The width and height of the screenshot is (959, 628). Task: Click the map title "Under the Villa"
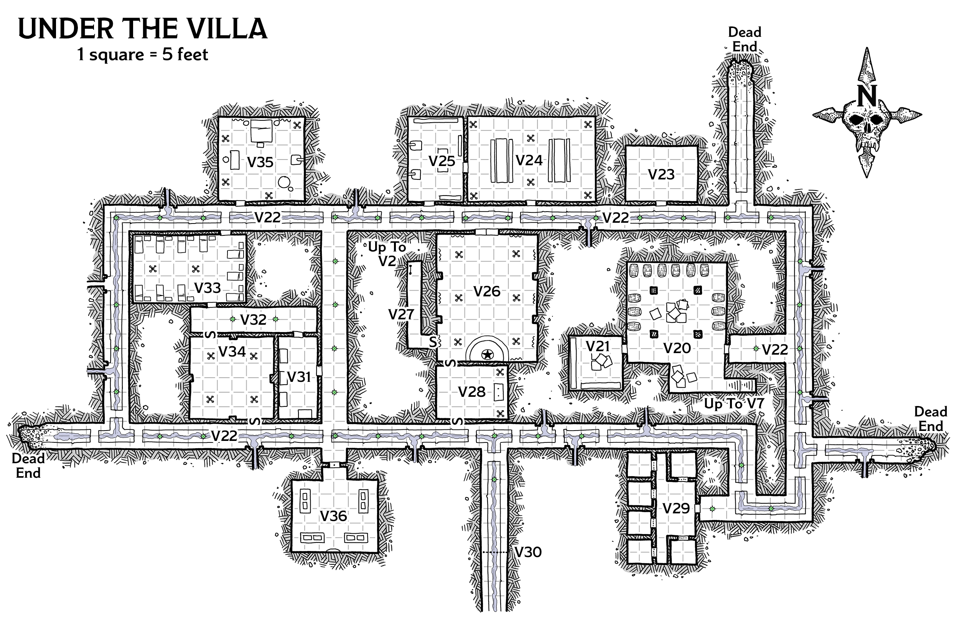[x=143, y=29]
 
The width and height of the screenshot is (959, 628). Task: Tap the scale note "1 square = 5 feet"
[x=143, y=54]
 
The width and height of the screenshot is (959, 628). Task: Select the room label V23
[x=661, y=174]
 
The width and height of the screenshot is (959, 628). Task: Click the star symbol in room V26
[x=487, y=355]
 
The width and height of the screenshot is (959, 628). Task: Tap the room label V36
[x=333, y=516]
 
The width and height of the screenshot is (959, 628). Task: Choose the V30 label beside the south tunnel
[x=528, y=552]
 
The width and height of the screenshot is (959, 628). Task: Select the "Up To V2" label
[x=387, y=254]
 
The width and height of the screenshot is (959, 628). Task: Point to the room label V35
[x=260, y=162]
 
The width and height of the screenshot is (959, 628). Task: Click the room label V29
[x=676, y=508]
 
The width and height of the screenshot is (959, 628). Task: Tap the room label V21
[x=598, y=346]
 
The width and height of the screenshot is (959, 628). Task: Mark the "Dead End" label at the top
[x=745, y=39]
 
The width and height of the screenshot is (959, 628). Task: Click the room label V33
[x=208, y=288]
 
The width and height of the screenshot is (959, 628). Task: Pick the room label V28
[x=472, y=391]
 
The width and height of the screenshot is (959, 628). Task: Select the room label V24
[x=529, y=160]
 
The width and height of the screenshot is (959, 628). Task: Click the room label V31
[x=298, y=376]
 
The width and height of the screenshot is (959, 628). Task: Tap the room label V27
[x=401, y=314]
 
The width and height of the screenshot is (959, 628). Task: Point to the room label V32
[x=254, y=319]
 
